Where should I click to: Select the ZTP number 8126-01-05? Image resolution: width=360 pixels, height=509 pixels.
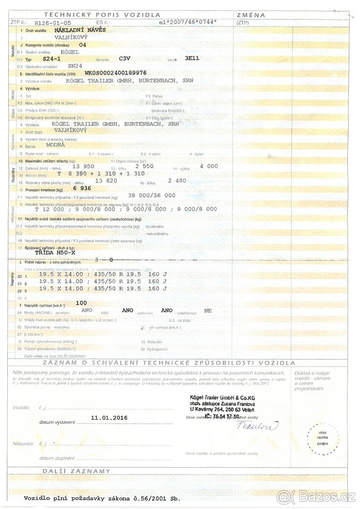(x=53, y=22)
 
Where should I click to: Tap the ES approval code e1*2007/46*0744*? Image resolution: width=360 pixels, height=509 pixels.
(x=187, y=22)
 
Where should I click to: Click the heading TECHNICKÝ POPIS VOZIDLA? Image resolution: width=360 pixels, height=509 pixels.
(x=102, y=15)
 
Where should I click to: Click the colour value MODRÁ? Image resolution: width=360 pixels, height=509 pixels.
(x=56, y=145)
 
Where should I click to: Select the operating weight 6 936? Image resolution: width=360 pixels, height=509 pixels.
(x=82, y=188)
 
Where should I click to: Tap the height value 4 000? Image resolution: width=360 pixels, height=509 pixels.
(x=209, y=166)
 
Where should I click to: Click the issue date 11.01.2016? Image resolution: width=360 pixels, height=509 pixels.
(x=109, y=418)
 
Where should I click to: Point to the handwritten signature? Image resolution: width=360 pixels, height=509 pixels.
(x=257, y=425)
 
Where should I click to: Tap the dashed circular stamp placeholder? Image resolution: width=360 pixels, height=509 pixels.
(x=323, y=438)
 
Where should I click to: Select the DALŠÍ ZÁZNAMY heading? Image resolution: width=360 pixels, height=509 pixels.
(x=76, y=471)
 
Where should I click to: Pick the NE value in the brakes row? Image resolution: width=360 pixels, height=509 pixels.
(x=208, y=310)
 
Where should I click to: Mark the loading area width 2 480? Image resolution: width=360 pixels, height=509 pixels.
(x=177, y=180)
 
